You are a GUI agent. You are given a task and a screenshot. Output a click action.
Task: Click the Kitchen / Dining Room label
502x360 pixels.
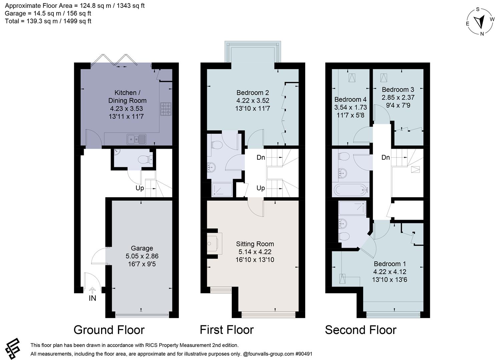point(127,97)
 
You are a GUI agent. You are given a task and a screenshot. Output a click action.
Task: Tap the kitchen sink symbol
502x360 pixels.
point(136,139)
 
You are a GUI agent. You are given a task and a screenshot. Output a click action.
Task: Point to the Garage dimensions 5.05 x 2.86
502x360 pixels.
point(142,256)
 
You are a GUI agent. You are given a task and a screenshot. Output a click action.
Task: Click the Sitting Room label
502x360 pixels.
point(255,244)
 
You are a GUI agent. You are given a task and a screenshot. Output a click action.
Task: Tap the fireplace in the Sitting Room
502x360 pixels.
point(213,243)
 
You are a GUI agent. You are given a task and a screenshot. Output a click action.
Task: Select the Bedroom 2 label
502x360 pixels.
point(253,93)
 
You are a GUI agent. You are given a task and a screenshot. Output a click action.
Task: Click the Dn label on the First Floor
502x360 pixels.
point(261,157)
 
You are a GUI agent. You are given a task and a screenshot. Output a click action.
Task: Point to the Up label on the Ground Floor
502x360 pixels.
point(140,188)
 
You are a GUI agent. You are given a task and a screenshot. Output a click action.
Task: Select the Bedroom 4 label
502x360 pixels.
point(350,99)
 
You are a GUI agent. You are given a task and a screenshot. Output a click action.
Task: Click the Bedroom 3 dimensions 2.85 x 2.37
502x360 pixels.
point(398,97)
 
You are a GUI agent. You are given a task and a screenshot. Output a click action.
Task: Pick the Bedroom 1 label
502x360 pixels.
point(390,264)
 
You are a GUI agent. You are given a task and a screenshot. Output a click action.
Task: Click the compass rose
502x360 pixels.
point(480,21)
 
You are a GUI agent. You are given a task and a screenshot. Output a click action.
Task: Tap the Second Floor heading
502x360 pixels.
point(361,330)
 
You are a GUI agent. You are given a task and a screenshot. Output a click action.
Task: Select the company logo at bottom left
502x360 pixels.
point(12,348)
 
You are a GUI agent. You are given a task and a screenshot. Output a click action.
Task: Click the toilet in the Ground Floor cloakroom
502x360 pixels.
point(146,159)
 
